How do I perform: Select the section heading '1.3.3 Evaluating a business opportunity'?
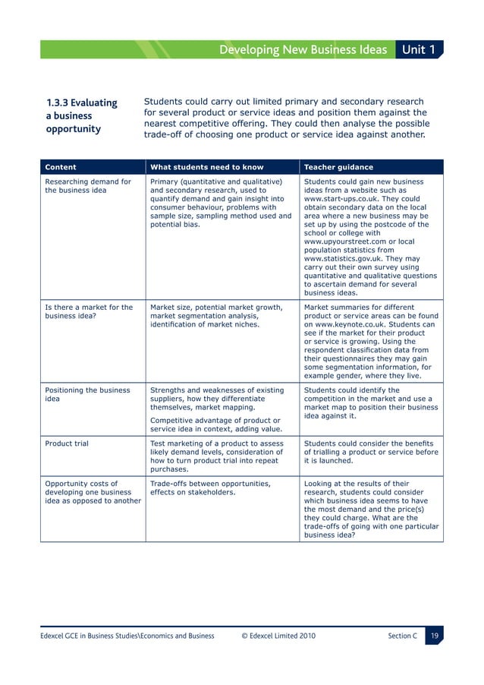click(82, 115)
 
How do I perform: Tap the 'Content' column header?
click(61, 167)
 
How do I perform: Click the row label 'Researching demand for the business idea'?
click(88, 186)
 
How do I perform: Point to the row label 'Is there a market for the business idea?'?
click(88, 312)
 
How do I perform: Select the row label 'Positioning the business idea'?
click(88, 395)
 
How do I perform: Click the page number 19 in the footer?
click(433, 635)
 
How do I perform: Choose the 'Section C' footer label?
click(402, 635)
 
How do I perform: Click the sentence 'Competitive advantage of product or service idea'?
click(215, 425)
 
